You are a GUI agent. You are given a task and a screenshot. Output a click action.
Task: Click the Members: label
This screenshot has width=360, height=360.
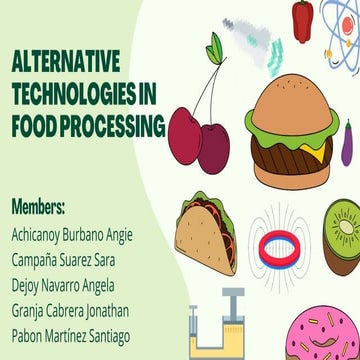(38, 209)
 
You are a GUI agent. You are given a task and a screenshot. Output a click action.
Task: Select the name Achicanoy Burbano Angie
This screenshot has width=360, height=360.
(72, 238)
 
